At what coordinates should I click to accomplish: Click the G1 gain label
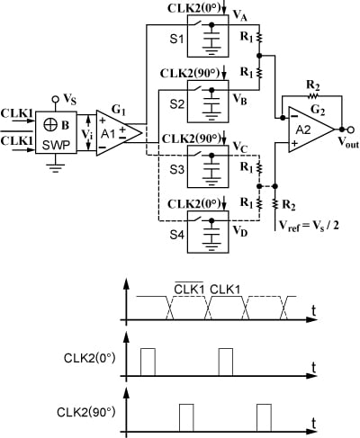click(117, 105)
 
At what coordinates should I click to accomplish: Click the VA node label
click(239, 19)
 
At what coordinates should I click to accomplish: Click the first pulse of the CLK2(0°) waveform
click(148, 362)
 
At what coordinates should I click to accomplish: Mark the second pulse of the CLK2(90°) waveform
click(265, 416)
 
